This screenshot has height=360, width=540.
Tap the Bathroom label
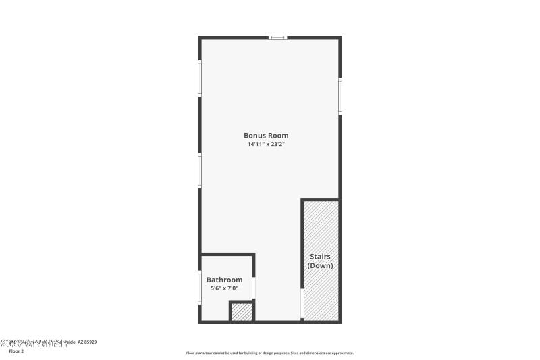(224, 280)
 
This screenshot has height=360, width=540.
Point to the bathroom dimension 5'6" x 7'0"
(224, 288)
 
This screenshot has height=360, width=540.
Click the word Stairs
(321, 257)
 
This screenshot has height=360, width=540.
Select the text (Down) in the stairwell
(321, 266)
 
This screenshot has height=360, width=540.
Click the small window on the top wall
(278, 38)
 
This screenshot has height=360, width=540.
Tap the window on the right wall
(340, 95)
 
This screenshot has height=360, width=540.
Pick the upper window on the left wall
(199, 79)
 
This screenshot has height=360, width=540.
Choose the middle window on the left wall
(199, 170)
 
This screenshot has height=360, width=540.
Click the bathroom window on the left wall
(199, 287)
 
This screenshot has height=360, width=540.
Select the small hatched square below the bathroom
(242, 311)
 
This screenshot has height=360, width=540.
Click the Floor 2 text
(16, 351)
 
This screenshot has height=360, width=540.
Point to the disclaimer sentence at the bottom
(270, 353)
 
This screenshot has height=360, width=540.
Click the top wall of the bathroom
(227, 255)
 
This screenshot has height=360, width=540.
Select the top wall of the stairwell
(320, 199)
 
